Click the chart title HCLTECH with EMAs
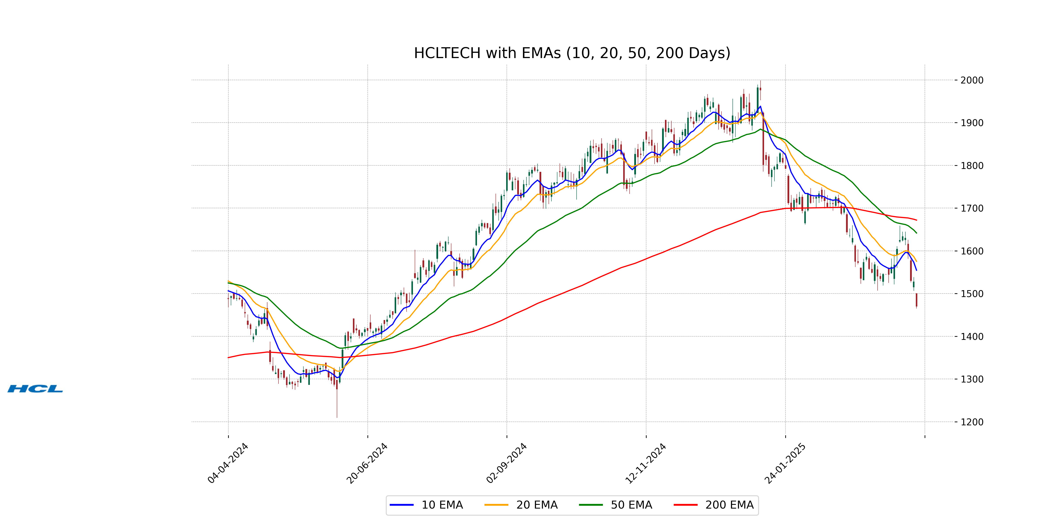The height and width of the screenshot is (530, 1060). pos(572,53)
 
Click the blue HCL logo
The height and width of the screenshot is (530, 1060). pos(35,389)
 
